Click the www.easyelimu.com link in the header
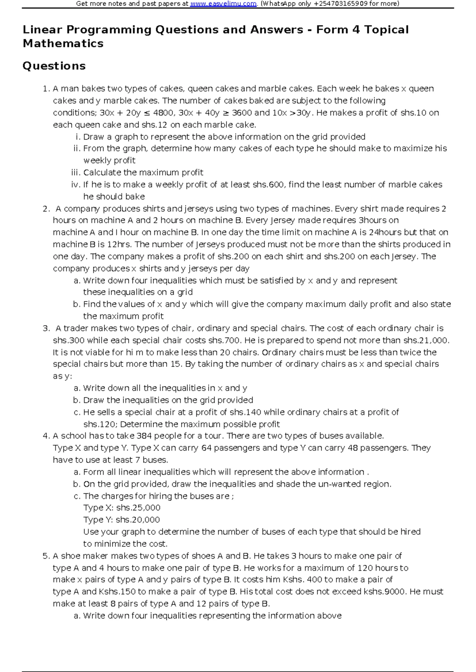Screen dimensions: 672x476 [223, 4]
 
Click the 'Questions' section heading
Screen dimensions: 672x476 [54, 66]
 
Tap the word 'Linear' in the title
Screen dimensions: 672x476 [42, 30]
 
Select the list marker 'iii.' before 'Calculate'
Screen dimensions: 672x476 [76, 173]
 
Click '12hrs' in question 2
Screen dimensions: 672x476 [119, 244]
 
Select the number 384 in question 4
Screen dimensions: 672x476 [144, 436]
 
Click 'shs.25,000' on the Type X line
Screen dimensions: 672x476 [138, 508]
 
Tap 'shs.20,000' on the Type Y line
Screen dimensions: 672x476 [138, 520]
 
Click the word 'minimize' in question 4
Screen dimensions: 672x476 [106, 544]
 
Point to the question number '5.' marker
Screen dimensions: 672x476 [46, 556]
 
